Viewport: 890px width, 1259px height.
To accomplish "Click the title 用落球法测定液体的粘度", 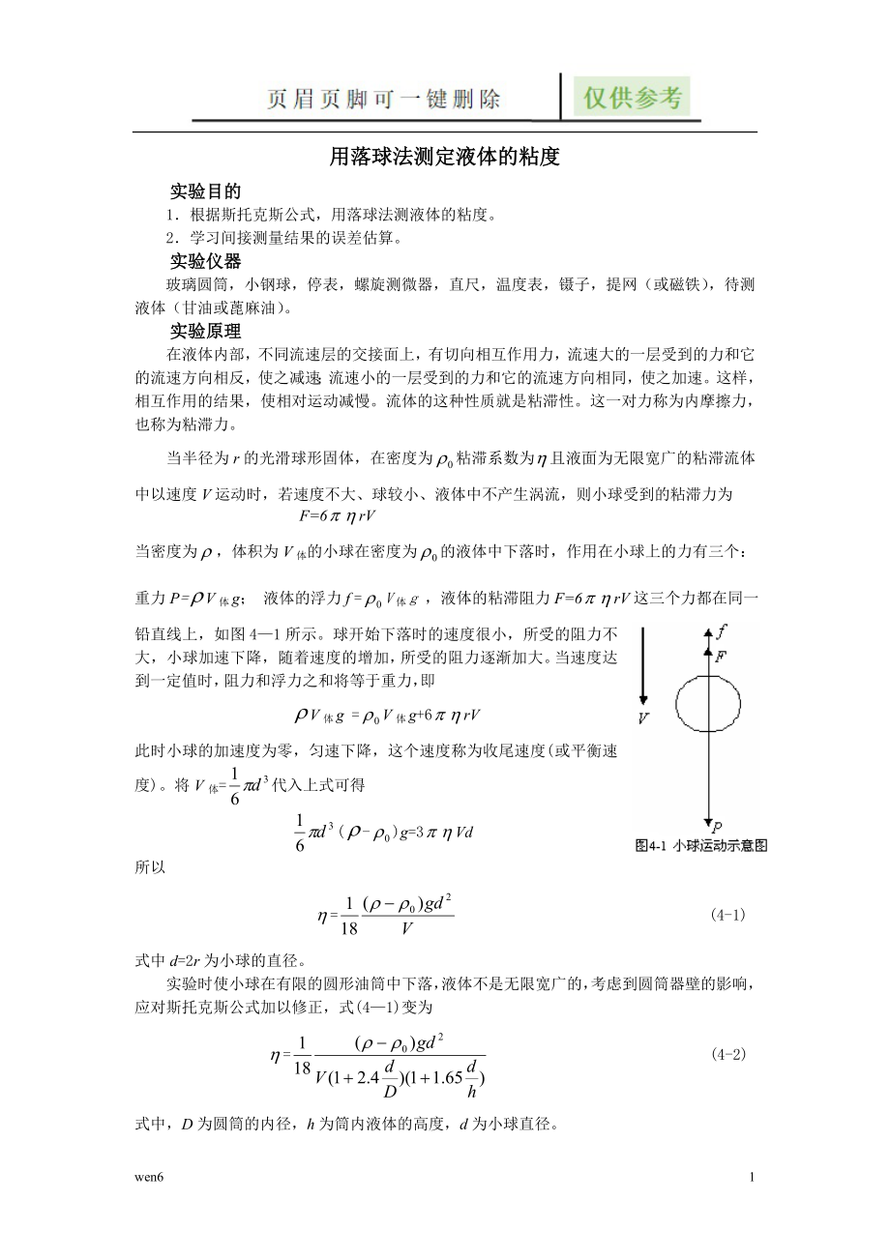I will [x=445, y=157].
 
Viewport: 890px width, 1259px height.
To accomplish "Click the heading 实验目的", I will [x=205, y=190].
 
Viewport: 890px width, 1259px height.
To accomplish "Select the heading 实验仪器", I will [x=205, y=262].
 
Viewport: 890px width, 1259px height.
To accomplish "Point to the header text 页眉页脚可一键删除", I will [x=384, y=99].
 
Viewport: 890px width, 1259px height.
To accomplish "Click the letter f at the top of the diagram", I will [x=720, y=633].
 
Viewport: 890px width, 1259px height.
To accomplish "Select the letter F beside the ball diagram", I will [x=720, y=657].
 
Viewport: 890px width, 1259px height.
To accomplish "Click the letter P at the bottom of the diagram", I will [x=717, y=827].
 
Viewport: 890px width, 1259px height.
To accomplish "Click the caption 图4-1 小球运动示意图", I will [x=701, y=845].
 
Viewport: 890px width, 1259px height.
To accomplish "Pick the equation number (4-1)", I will [x=727, y=913].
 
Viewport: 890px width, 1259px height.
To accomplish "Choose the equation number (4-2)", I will [x=727, y=1054].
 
